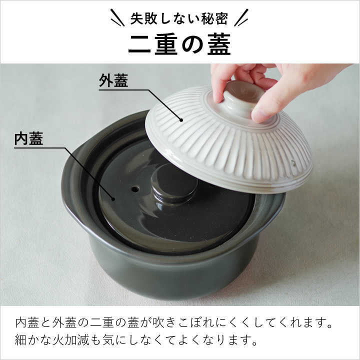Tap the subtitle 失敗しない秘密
click(x=179, y=18)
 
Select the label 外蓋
click(x=113, y=81)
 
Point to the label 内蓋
click(x=28, y=139)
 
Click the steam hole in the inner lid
click(x=134, y=190)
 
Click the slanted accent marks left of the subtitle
click(x=117, y=19)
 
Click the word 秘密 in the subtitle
click(x=216, y=18)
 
